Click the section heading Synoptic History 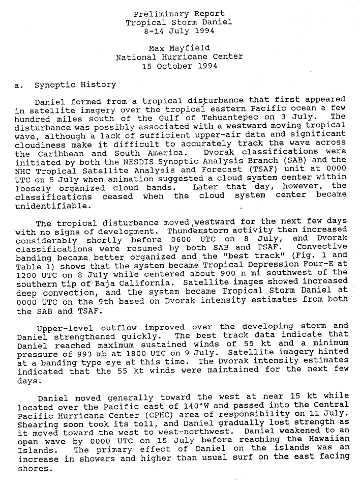[75, 84]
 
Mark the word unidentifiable [53, 206]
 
